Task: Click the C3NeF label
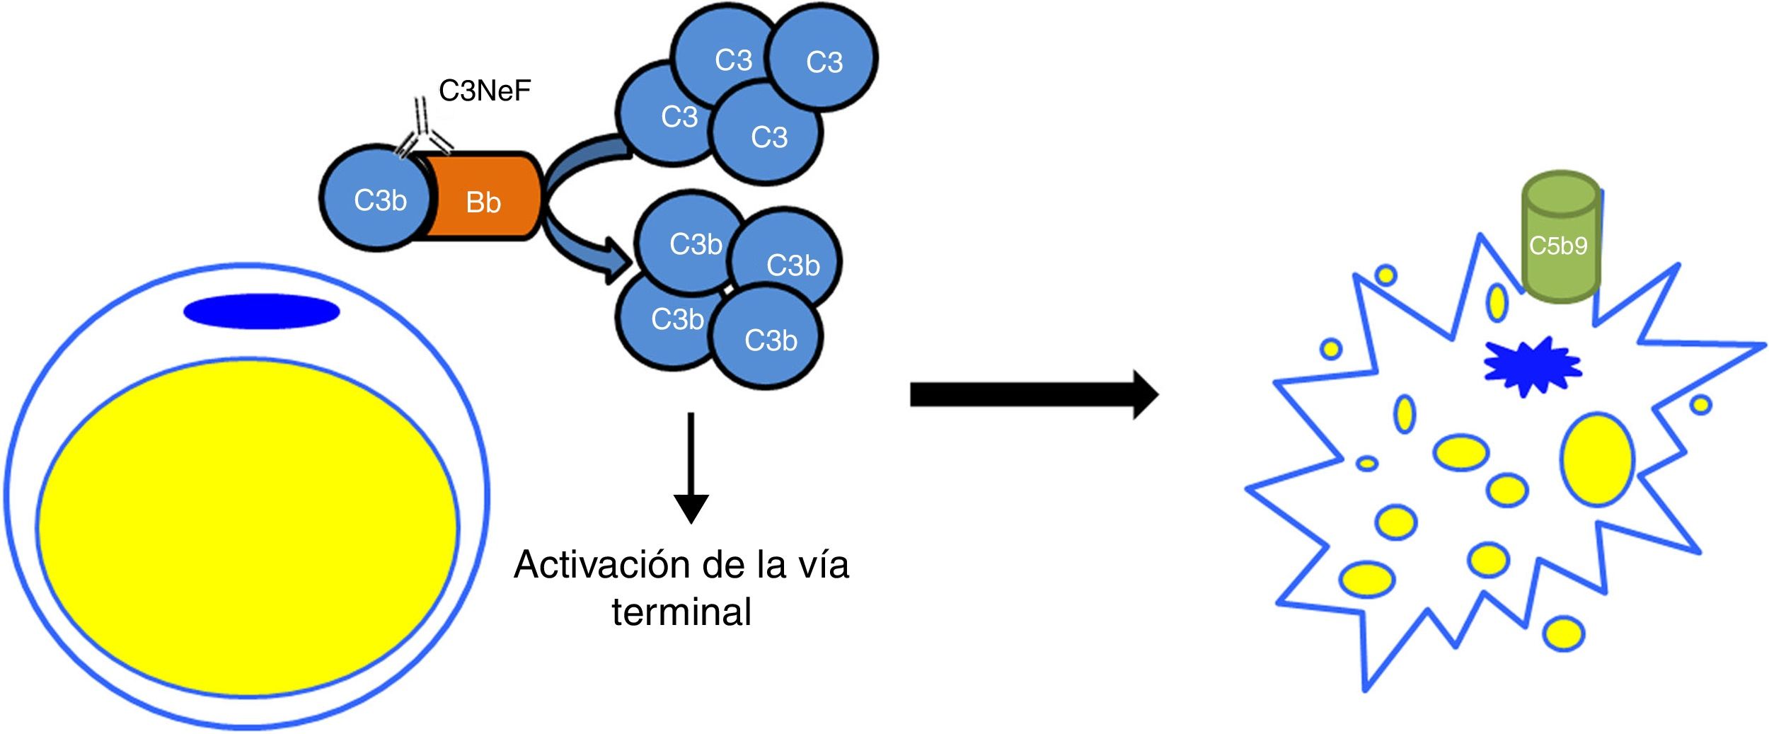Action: click(x=484, y=91)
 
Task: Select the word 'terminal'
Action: click(x=681, y=612)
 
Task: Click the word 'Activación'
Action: click(x=601, y=565)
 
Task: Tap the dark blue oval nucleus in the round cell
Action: click(x=261, y=311)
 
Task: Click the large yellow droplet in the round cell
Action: click(x=248, y=527)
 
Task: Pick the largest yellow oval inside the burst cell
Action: click(x=1597, y=459)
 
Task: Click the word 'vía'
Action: click(x=822, y=565)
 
